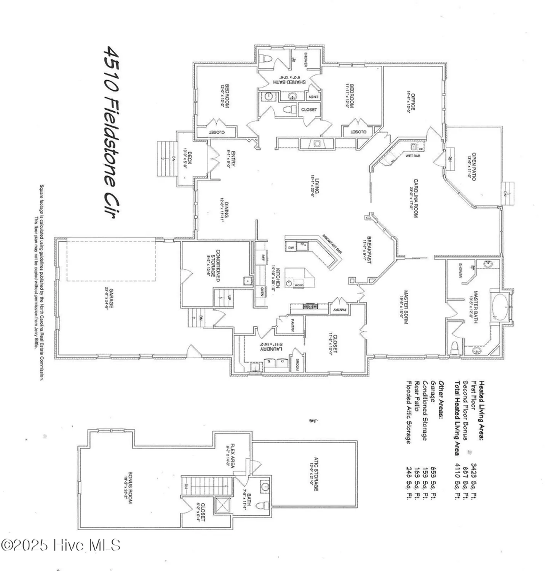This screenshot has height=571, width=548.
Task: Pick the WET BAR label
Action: [413, 156]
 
